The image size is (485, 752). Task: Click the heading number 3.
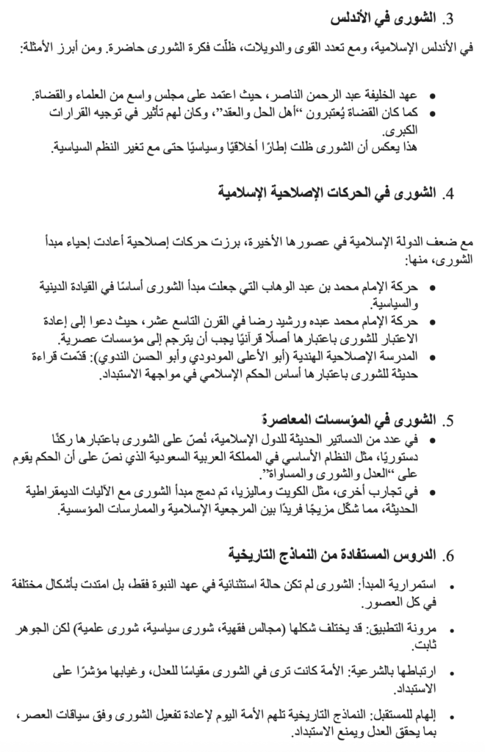coord(450,18)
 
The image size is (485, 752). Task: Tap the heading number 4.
coord(450,195)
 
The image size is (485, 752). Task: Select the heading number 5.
coord(450,421)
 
